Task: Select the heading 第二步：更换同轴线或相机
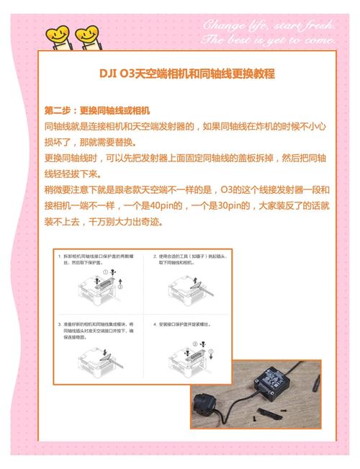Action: click(96, 111)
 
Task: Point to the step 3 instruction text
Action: click(96, 329)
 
